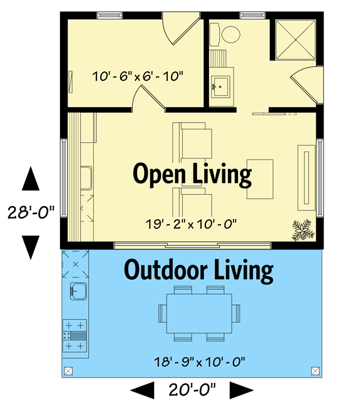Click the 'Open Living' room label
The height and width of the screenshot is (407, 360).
click(192, 175)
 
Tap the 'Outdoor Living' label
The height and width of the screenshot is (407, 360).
click(198, 270)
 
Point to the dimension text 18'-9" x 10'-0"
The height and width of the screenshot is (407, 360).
click(198, 361)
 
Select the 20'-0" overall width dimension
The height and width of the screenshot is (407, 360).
click(192, 391)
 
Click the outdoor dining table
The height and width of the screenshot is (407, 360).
click(198, 312)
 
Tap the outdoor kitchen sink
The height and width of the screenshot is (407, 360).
click(78, 290)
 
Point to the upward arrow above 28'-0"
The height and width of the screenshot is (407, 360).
click(31, 180)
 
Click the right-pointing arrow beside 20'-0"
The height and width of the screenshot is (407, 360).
click(240, 391)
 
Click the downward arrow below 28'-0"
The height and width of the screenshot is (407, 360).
click(31, 246)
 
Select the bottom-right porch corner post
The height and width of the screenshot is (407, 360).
click(314, 371)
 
